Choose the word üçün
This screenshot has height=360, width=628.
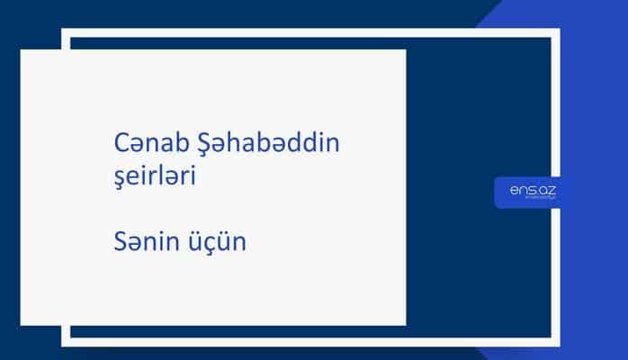click(220, 242)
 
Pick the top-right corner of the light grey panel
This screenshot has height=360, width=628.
click(405, 50)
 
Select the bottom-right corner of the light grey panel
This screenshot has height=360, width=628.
click(405, 324)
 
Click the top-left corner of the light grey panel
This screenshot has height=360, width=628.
click(22, 50)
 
